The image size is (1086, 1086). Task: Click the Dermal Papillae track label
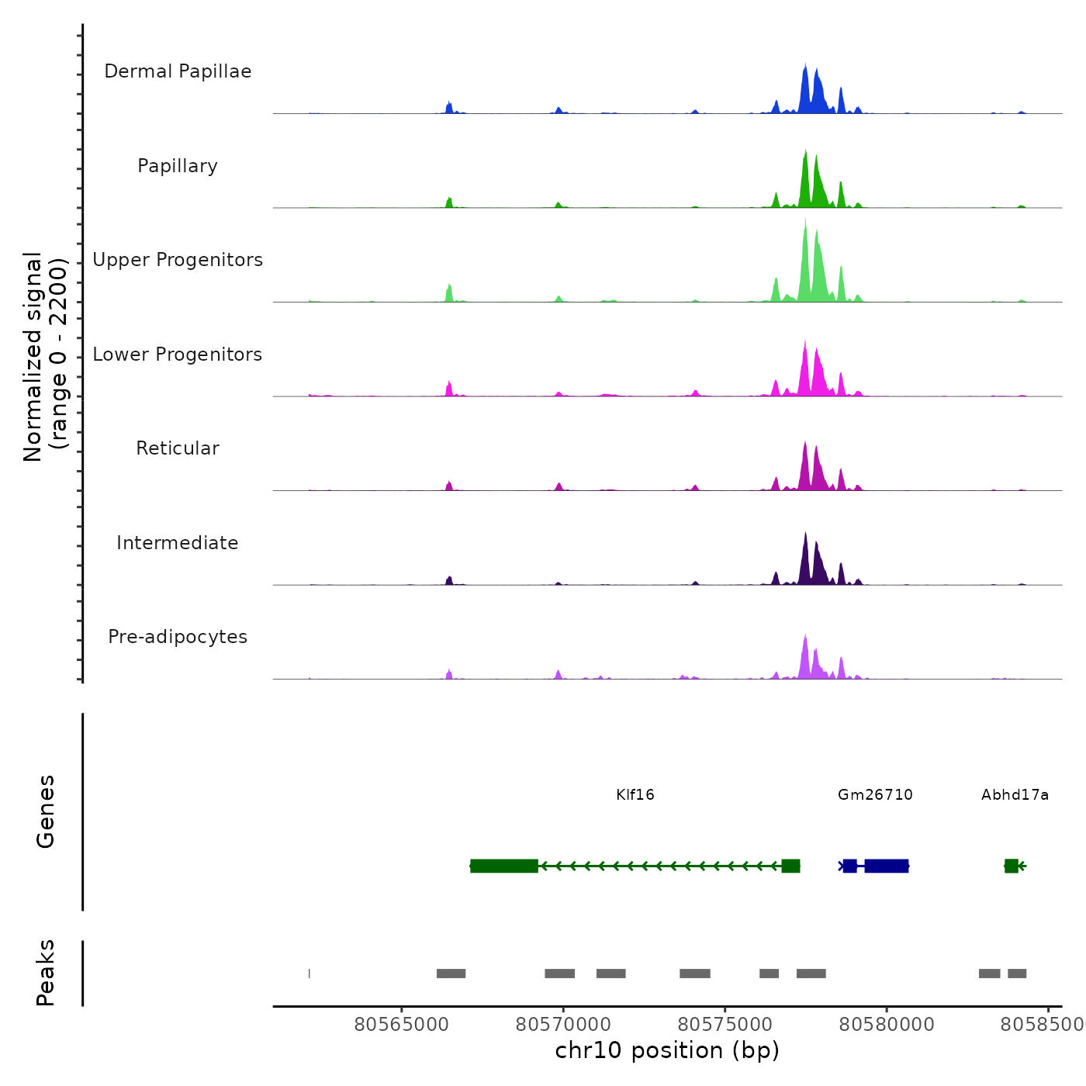(x=178, y=71)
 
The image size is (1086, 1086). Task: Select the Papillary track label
(x=178, y=166)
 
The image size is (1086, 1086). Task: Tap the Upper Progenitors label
(x=178, y=260)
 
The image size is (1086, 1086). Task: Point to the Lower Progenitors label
(x=178, y=355)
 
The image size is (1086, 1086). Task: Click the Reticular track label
(x=178, y=448)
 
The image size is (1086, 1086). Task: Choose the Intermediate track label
(x=178, y=543)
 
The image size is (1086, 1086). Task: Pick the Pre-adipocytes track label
(x=178, y=637)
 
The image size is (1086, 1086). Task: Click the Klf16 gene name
(x=635, y=795)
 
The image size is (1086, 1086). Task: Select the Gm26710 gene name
(x=875, y=795)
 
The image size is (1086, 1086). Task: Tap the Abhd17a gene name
(x=1015, y=795)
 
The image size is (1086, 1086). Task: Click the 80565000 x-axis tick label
(x=401, y=1025)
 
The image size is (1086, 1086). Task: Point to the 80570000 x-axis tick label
(x=563, y=1025)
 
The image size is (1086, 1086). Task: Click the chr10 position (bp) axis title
(x=667, y=1050)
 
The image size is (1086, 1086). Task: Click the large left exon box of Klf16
(x=504, y=866)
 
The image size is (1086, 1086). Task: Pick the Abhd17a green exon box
(x=1011, y=866)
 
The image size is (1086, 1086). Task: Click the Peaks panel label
(x=45, y=973)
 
